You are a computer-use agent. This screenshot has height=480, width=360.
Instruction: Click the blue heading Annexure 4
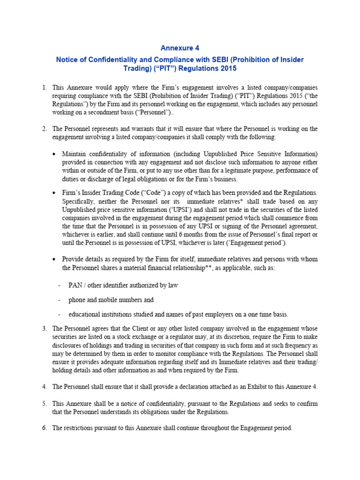click(180, 47)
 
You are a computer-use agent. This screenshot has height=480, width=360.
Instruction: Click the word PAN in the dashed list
click(75, 285)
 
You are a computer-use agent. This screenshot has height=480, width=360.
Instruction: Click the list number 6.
click(44, 428)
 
